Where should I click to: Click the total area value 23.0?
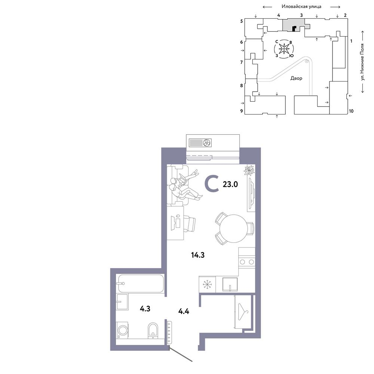click(230, 184)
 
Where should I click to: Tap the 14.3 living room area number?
click(198, 255)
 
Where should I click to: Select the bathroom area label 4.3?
click(145, 309)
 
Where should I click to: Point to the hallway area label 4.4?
click(184, 311)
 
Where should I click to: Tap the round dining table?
click(234, 229)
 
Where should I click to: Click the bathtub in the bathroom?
click(141, 283)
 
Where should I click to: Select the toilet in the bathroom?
click(153, 330)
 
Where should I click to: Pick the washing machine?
click(122, 330)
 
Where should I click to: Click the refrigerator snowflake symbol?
click(207, 285)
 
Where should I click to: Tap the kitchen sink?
click(230, 284)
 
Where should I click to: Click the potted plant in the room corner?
click(249, 170)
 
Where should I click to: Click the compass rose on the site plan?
click(284, 49)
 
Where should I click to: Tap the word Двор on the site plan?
click(296, 78)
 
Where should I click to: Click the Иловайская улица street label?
click(301, 6)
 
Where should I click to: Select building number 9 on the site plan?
click(242, 111)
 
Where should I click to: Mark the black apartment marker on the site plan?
click(294, 29)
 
